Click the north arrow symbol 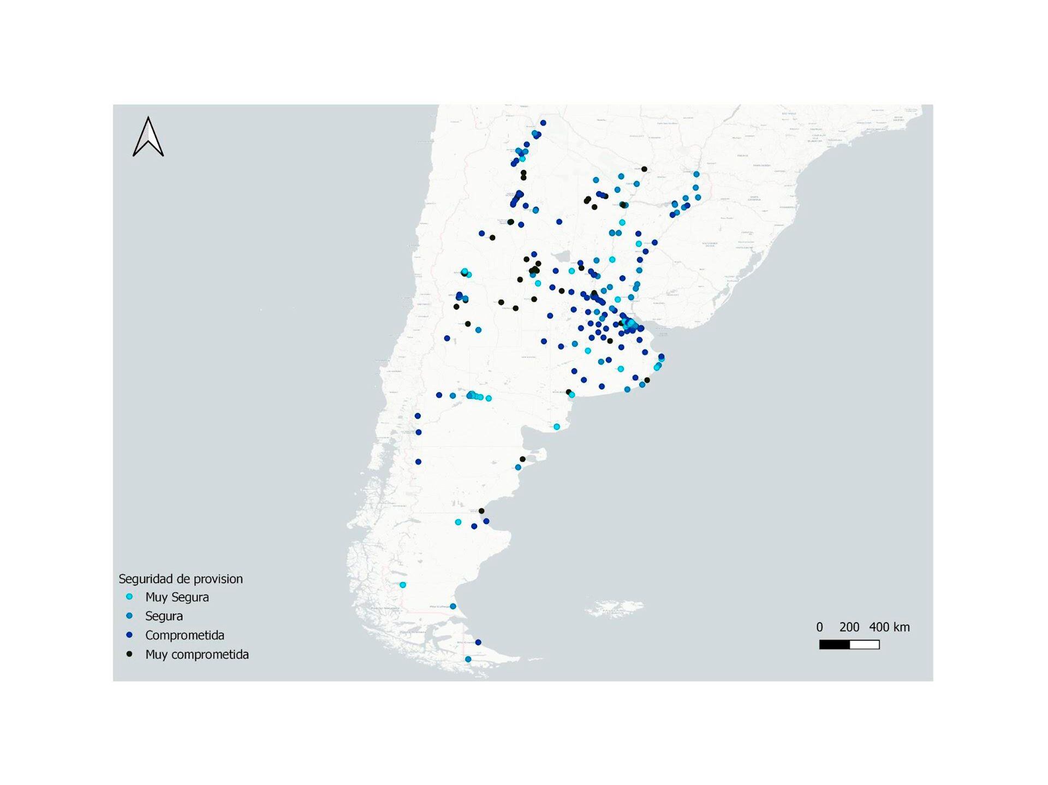148,137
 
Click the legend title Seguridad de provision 181,579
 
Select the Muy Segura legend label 177,597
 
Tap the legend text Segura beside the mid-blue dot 164,616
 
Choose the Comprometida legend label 184,635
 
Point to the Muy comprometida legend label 196,655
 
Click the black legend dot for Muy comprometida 129,654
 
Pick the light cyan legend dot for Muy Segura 129,597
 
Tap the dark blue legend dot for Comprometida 129,635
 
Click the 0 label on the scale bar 819,627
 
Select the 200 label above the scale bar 849,627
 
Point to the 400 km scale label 889,627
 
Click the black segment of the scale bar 835,645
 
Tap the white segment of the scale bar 865,645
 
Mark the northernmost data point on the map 543,123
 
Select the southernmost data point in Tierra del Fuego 468,659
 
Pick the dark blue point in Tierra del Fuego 478,643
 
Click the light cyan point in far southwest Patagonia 403,585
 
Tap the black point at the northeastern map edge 644,169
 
